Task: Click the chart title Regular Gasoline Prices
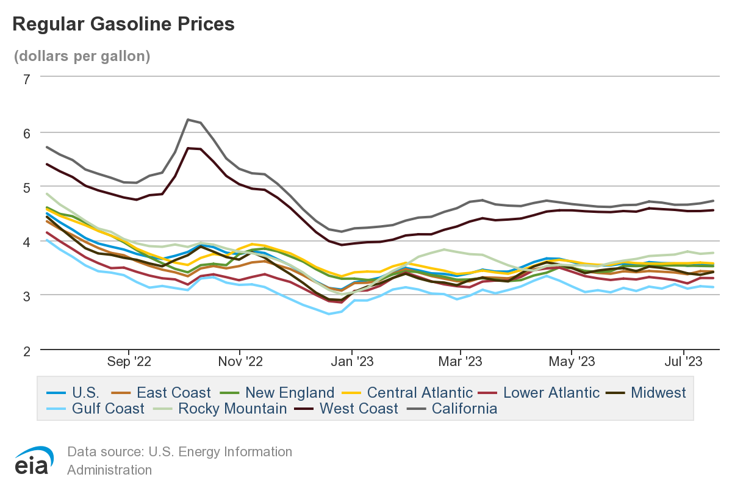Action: point(123,24)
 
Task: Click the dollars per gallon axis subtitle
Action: point(82,56)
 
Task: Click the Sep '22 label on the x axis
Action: point(129,361)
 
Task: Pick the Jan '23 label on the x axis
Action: point(351,361)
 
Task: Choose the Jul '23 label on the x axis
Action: point(683,361)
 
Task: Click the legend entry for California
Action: point(464,408)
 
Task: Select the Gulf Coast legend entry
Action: point(108,408)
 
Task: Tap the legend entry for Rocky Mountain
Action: point(232,408)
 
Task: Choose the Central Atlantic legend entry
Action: point(420,392)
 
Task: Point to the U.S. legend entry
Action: point(85,392)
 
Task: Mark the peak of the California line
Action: point(188,120)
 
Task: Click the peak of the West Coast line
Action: point(188,148)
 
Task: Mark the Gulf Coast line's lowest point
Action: point(329,314)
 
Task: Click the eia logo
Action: point(34,461)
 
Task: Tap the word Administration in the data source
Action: point(109,470)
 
